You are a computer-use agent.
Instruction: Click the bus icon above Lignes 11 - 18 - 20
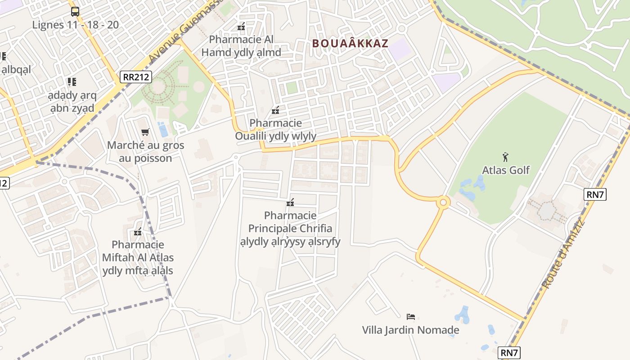click(x=75, y=12)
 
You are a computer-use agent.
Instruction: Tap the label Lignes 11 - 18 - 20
click(x=76, y=25)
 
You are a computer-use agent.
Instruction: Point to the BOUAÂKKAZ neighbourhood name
click(x=350, y=43)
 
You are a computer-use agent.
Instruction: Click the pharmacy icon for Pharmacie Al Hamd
click(x=241, y=27)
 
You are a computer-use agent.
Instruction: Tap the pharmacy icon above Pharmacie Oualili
click(x=275, y=110)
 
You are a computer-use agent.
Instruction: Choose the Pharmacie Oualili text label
click(x=275, y=129)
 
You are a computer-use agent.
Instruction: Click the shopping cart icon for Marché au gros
click(x=145, y=132)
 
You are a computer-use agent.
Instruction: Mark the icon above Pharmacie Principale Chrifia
click(x=290, y=203)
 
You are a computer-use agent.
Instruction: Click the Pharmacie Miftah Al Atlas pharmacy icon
click(x=138, y=232)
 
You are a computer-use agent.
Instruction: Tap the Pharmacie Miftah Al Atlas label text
click(x=138, y=258)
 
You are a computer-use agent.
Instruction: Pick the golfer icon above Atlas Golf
click(x=506, y=157)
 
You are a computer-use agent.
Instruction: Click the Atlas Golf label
click(x=506, y=170)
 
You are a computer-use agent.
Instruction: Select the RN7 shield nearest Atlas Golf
click(x=595, y=194)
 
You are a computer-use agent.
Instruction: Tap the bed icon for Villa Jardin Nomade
click(x=410, y=317)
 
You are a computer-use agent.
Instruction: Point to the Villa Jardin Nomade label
click(x=410, y=330)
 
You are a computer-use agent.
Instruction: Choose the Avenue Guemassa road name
click(x=184, y=31)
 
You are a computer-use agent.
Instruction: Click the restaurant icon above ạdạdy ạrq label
click(x=72, y=81)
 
